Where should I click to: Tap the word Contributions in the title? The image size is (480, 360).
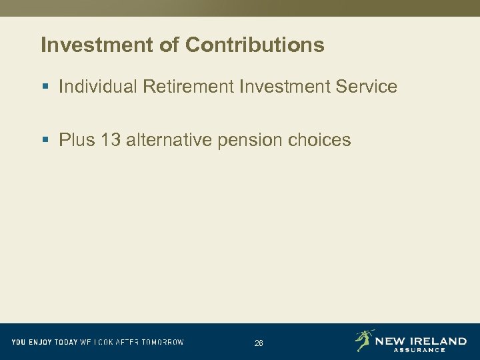(x=255, y=45)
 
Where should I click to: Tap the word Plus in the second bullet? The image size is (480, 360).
(x=77, y=140)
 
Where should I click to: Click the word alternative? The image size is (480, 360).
(x=169, y=140)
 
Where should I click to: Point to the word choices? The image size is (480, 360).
(x=319, y=140)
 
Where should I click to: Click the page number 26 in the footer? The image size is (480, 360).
(x=259, y=343)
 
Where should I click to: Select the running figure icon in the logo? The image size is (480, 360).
(x=363, y=340)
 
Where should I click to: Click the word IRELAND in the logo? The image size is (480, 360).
(x=436, y=341)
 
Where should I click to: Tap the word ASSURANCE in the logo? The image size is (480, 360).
(x=419, y=350)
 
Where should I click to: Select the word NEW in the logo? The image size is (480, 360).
(x=389, y=341)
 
